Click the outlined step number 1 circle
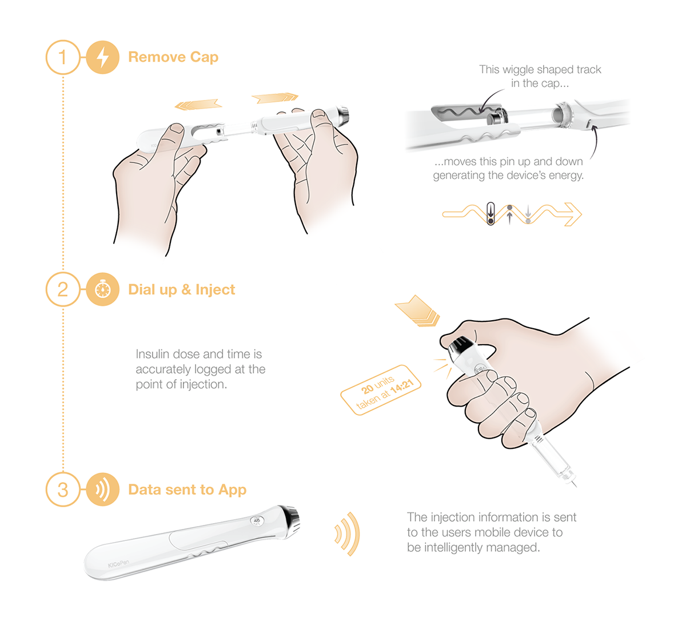tap(62, 57)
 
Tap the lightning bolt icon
tap(102, 57)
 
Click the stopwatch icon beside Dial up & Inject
tap(102, 289)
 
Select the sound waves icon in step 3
tap(102, 489)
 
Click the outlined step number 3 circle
tap(62, 489)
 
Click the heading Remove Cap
tap(173, 57)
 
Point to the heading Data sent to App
tap(187, 489)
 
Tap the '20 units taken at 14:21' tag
tap(381, 389)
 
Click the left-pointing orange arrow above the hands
tap(198, 105)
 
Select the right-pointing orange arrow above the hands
tap(275, 98)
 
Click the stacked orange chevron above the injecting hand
tap(418, 311)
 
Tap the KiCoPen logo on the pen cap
tap(118, 564)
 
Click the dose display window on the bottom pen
tap(257, 521)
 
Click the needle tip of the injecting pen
tap(574, 485)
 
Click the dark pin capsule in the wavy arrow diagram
tap(490, 213)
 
